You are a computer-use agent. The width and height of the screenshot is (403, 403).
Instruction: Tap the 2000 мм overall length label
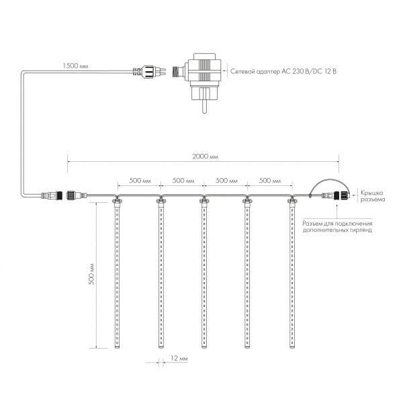click(x=204, y=156)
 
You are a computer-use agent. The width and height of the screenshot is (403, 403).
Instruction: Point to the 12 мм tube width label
click(x=179, y=360)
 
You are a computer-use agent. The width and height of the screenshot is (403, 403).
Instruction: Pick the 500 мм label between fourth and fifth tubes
click(x=269, y=181)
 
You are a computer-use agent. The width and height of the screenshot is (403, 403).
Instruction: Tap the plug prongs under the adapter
click(x=204, y=102)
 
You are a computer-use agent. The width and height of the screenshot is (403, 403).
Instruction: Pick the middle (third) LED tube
click(x=204, y=275)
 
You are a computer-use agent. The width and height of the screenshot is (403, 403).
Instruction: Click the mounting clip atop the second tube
click(x=161, y=199)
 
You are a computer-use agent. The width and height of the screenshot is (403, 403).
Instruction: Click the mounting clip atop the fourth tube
click(x=248, y=199)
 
